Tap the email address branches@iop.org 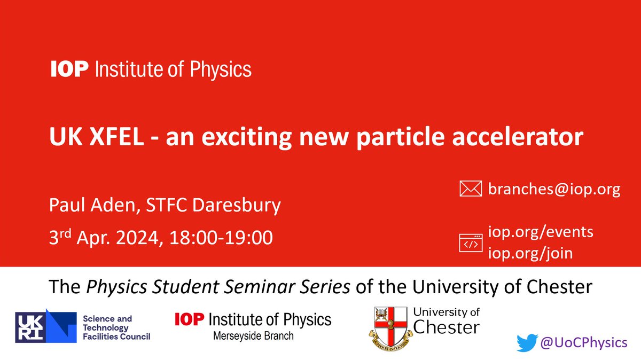(x=554, y=190)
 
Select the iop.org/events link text (x=541, y=232)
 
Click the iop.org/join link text (x=530, y=253)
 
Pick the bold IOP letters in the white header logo (x=68, y=69)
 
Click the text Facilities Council (x=116, y=336)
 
